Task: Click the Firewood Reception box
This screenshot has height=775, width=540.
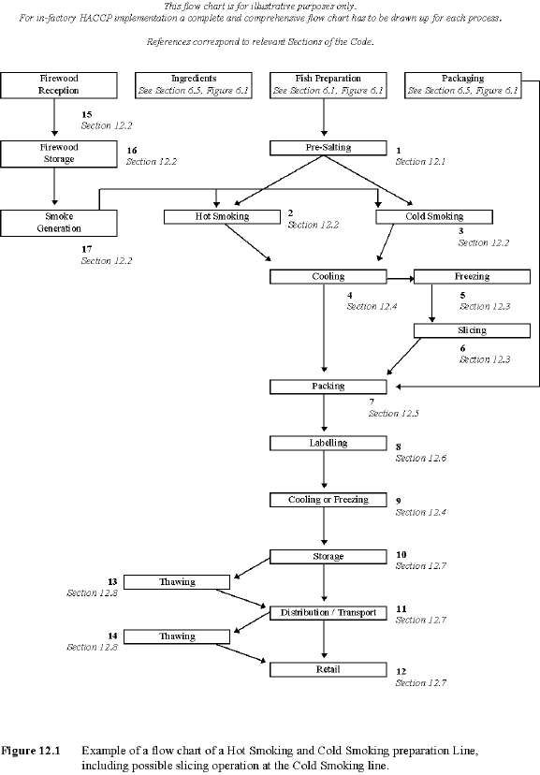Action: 59,85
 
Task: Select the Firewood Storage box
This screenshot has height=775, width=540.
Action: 59,154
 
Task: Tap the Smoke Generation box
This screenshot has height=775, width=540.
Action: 59,223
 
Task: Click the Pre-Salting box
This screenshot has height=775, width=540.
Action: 328,148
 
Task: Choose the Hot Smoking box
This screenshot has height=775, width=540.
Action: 222,217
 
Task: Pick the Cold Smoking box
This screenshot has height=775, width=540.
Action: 434,217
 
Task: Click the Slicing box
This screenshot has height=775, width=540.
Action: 472,330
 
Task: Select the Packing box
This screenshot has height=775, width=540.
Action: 328,387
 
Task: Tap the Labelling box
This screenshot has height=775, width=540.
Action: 328,443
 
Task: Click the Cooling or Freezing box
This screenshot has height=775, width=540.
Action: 328,500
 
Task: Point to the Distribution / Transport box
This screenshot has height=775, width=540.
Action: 328,613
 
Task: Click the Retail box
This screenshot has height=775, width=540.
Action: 328,670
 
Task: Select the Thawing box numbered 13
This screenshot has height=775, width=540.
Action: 177,582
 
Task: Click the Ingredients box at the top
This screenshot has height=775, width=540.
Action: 194,85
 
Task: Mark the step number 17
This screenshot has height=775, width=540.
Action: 88,249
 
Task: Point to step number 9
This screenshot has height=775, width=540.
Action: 400,501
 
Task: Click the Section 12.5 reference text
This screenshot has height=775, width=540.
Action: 394,413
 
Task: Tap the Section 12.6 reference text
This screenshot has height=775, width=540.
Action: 422,459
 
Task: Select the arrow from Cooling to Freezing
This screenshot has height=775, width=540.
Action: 400,278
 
